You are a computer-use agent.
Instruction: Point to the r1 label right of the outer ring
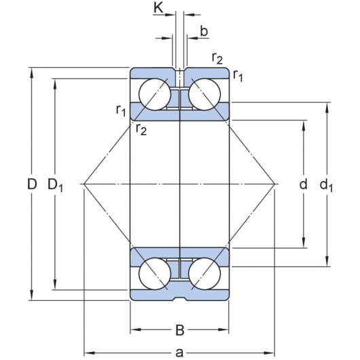coord(238,76)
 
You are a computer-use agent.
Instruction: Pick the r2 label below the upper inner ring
coord(141,129)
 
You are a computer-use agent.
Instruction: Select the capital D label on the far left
coord(31,184)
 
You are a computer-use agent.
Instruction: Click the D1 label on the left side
coord(56,184)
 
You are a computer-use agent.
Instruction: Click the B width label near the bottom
coord(179,331)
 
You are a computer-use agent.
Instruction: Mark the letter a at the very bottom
coord(179,352)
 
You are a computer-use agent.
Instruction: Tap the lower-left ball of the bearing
coord(154,274)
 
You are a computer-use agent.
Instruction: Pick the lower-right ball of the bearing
coord(204,274)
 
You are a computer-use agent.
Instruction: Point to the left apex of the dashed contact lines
coord(83,184)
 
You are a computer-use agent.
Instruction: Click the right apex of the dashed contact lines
coord(275,184)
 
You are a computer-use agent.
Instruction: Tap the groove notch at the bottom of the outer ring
coord(179,297)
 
